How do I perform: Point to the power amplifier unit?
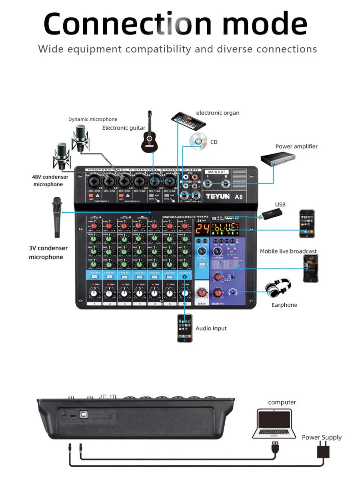click(278, 159)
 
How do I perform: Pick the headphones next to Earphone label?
click(278, 288)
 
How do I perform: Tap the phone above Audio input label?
click(185, 328)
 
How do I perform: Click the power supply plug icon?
click(322, 452)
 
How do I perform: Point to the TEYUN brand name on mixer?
click(218, 196)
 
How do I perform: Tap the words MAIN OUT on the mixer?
click(216, 172)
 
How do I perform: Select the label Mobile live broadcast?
click(288, 251)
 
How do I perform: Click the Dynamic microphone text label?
click(93, 119)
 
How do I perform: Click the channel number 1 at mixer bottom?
click(94, 304)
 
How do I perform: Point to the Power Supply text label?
click(322, 437)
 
